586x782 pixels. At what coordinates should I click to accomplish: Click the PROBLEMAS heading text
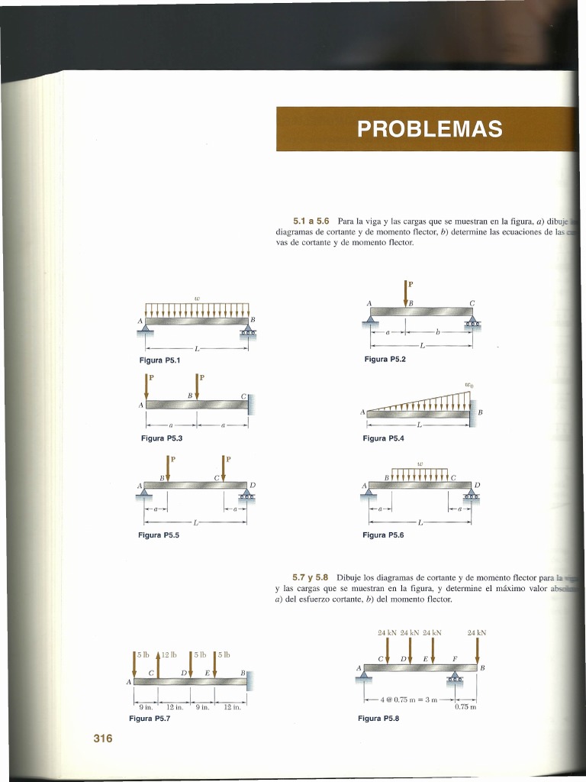[430, 129]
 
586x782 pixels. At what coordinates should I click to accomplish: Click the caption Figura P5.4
[384, 438]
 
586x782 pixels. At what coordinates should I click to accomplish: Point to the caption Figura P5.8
[378, 718]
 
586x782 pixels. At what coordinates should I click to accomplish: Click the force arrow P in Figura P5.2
[406, 292]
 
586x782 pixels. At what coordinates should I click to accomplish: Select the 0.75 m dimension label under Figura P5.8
[465, 706]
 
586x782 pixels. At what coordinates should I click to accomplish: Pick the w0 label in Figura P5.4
[468, 386]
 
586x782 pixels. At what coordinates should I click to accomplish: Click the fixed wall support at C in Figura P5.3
[250, 403]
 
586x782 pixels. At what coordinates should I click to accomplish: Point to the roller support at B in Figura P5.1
[248, 330]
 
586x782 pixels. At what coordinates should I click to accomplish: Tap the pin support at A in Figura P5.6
[370, 496]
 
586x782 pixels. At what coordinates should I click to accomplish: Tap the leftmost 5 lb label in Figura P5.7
[143, 654]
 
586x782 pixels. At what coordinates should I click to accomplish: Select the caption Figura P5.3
[162, 438]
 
